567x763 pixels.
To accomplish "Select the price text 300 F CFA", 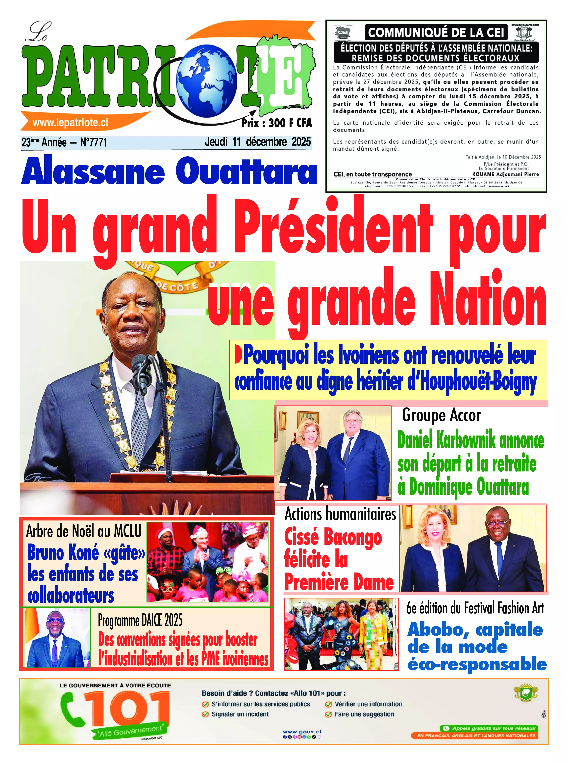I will click(290, 123).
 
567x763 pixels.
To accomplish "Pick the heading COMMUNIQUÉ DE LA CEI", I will click(436, 33).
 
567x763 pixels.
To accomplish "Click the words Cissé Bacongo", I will click(333, 537).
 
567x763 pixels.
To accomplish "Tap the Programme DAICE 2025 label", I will click(140, 620).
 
